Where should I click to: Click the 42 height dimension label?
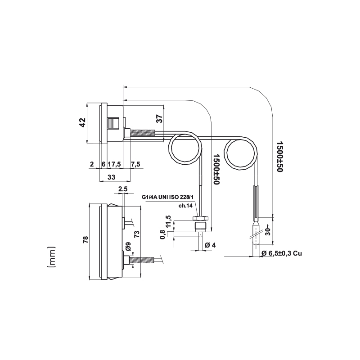[82, 122]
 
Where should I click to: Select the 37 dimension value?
[160, 119]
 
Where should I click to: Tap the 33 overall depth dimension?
[111, 177]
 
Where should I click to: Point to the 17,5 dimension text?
[114, 164]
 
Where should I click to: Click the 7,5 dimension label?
[135, 164]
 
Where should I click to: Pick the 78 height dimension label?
[85, 240]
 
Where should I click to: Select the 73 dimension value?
[137, 234]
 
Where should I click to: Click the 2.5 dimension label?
[123, 189]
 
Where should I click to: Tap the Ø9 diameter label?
[128, 246]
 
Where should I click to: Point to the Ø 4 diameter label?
[210, 245]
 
